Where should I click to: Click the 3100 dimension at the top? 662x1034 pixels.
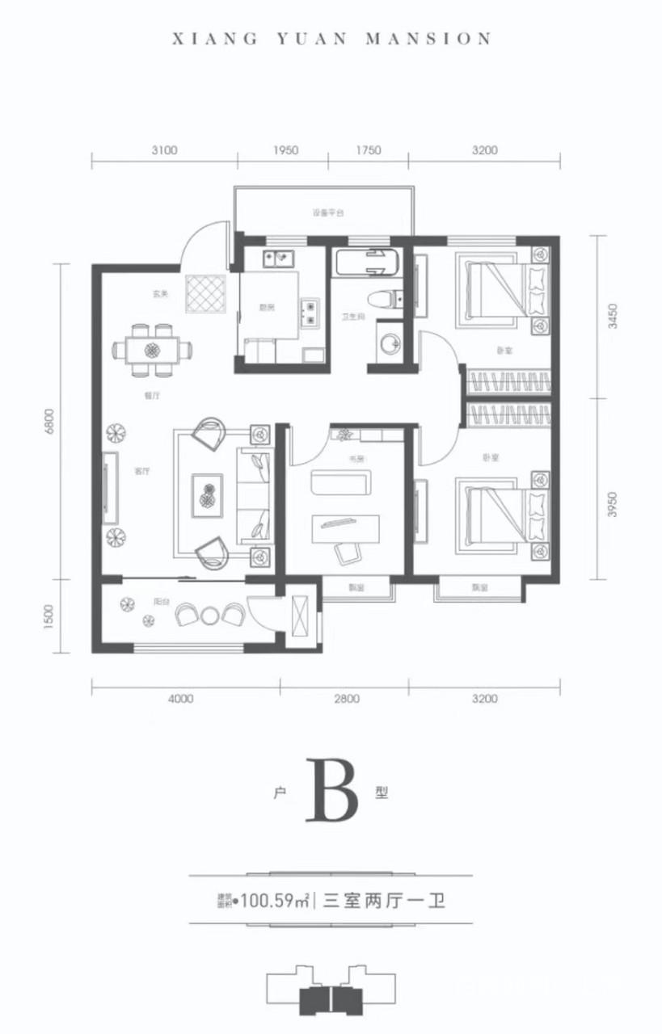(163, 149)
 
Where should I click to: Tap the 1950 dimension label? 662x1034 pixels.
(285, 149)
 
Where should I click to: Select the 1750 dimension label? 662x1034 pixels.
(368, 149)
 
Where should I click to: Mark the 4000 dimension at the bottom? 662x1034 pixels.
(182, 699)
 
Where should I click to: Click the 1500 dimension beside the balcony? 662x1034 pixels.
(49, 616)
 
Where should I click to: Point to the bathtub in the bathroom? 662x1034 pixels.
(368, 263)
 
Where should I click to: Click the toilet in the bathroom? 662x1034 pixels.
(386, 299)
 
